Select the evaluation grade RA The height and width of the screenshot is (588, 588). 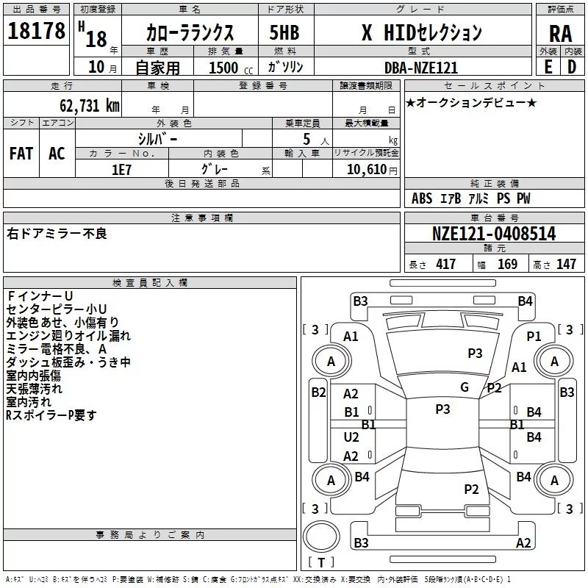[559, 34]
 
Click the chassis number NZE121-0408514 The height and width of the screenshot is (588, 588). [494, 234]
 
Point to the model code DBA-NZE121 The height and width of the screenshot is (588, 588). [421, 68]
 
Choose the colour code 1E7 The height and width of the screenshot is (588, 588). [121, 169]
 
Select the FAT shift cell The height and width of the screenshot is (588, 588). [21, 154]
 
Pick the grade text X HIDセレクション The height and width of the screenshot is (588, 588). [421, 32]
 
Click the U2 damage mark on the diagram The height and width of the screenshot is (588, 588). [351, 437]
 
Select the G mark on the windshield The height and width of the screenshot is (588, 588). [464, 387]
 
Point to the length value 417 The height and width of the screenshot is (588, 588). [445, 265]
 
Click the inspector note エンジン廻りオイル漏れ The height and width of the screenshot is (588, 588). [68, 336]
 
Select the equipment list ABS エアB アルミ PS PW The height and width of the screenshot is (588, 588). [470, 198]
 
